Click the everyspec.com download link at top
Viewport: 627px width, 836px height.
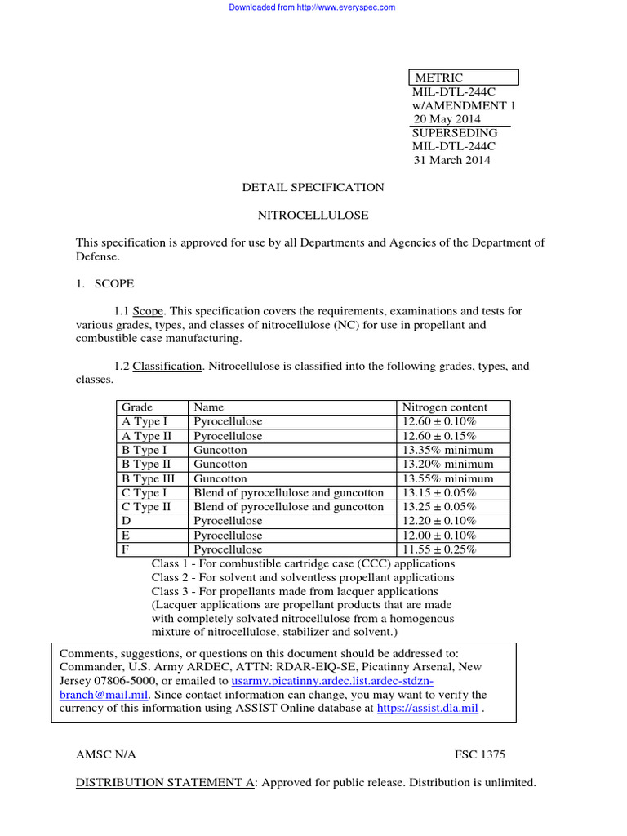312,7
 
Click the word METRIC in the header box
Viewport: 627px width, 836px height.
439,78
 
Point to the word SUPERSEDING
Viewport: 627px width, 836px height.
454,133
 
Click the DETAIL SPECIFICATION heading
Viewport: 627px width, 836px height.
313,188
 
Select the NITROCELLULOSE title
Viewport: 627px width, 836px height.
313,216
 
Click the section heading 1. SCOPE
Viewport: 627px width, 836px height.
105,283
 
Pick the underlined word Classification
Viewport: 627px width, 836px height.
167,367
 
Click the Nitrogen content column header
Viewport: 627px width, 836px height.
444,407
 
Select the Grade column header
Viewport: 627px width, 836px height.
137,407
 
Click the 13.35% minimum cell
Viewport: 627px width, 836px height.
447,450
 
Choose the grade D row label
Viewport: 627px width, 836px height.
127,521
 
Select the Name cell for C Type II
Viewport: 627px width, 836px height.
288,507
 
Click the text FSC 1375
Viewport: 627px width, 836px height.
485,754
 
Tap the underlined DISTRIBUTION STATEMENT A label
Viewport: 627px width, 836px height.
165,782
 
